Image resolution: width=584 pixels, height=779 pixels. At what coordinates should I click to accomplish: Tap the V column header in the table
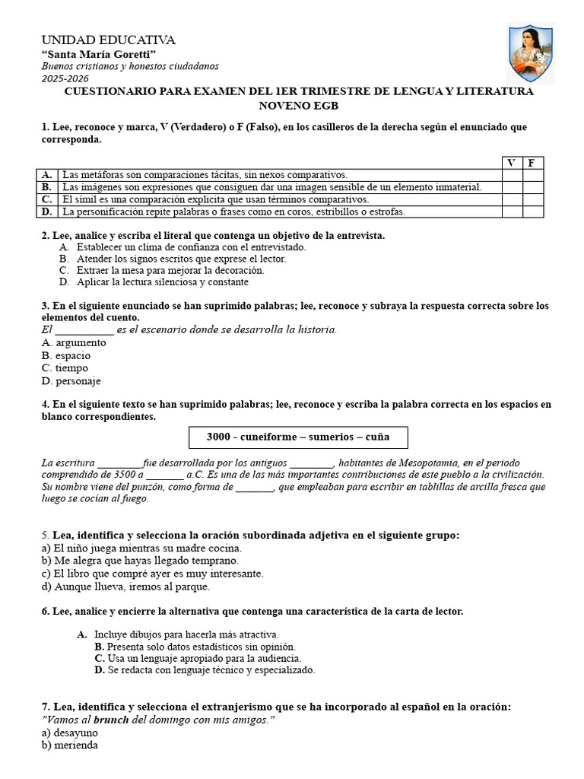[x=512, y=163]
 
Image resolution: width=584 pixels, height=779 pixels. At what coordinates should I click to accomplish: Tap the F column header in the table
[x=532, y=163]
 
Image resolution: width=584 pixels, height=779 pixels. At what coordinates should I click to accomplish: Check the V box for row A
[x=512, y=175]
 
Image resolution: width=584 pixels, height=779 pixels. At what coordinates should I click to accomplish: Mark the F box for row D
[x=532, y=211]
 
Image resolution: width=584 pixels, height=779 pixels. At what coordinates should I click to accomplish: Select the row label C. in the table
[x=47, y=199]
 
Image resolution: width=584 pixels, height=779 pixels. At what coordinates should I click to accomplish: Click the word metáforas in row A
[x=103, y=175]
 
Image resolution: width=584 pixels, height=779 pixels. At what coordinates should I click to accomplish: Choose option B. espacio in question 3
[x=66, y=355]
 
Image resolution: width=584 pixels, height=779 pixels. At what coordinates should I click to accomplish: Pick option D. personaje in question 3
[x=71, y=380]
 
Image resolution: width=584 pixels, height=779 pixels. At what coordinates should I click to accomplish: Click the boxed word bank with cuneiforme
[x=298, y=437]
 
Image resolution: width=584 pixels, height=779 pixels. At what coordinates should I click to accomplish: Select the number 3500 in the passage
[x=122, y=474]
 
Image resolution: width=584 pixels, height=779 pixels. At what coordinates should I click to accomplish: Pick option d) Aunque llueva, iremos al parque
[x=125, y=587]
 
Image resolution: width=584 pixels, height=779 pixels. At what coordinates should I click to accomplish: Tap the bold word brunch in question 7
[x=111, y=720]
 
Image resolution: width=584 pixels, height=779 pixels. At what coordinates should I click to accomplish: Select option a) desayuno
[x=70, y=733]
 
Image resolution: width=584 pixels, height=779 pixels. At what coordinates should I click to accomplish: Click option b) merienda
[x=70, y=746]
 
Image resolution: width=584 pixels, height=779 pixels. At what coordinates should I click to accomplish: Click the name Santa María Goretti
[x=98, y=54]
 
